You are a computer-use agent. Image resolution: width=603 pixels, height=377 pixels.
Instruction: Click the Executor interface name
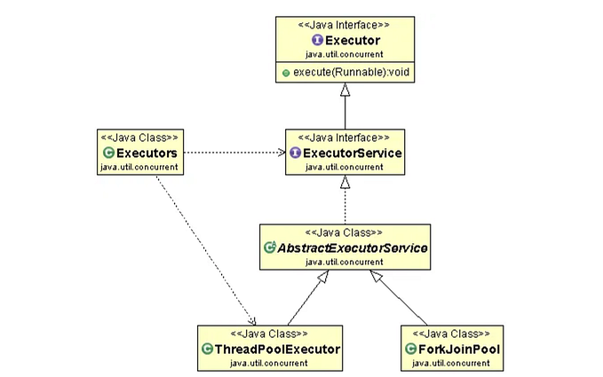coord(352,40)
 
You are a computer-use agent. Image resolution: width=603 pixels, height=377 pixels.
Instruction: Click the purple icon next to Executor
coord(316,40)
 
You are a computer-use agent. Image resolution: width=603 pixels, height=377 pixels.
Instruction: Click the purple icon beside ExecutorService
coord(296,153)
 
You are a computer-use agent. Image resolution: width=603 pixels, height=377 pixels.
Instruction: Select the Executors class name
coord(147,153)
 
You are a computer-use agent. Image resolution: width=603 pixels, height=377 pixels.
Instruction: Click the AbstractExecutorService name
coord(353,248)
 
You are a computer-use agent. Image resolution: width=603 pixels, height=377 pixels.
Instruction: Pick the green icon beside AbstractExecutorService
coord(270,248)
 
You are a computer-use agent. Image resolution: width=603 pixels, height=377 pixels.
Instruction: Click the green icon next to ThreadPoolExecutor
coord(208,349)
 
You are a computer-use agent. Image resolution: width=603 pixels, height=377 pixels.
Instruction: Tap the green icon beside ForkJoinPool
coord(410,349)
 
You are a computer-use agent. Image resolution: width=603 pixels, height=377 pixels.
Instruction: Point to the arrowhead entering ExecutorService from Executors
coord(279,153)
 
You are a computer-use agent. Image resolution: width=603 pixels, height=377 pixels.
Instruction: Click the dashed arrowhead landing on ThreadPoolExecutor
coord(253,320)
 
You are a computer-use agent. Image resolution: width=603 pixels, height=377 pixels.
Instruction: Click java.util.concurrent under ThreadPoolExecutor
coord(270,362)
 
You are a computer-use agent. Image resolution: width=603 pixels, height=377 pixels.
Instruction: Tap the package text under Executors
coord(139,167)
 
